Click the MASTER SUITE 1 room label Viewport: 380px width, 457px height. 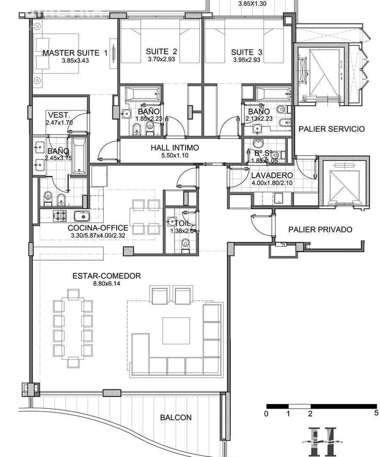75,53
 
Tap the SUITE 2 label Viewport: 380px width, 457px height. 161,51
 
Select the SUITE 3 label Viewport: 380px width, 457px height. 247,52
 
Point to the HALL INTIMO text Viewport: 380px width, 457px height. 174,148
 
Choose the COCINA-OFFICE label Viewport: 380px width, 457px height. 98,228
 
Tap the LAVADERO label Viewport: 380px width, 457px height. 272,175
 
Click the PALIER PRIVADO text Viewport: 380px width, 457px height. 320,229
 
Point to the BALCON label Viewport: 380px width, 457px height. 176,418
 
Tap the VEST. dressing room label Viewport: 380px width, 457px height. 58,115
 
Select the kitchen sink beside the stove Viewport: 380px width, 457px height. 81,215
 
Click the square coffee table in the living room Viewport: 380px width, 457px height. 175,330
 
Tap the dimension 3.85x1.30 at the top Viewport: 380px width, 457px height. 252,4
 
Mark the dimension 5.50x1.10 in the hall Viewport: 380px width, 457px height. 174,155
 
